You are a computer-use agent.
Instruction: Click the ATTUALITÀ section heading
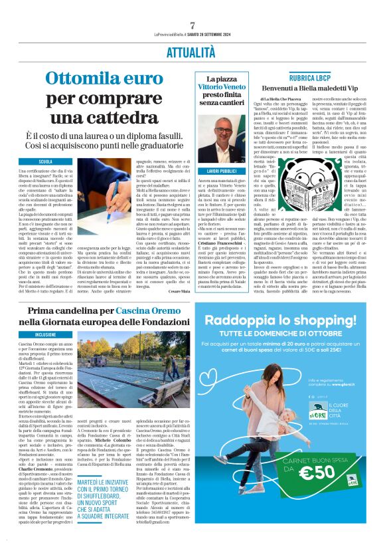pos(193,51)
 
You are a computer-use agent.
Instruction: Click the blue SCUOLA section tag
pos(46,162)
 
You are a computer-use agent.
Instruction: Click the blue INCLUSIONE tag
pos(46,335)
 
